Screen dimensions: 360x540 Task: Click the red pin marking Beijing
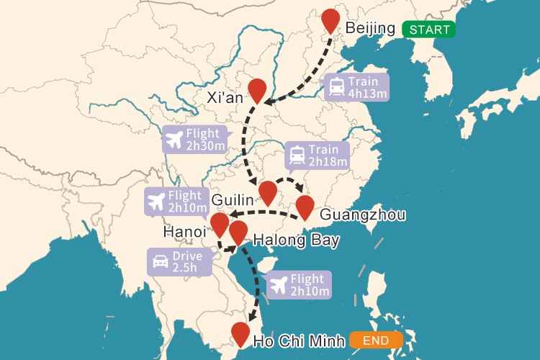tap(330, 20)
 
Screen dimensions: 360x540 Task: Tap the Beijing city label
tap(370, 29)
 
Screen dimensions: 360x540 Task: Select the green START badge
tap(428, 30)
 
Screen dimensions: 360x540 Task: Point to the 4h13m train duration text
tap(363, 94)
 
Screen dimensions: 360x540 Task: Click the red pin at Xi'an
tap(257, 89)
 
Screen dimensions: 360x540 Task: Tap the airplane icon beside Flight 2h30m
tap(174, 139)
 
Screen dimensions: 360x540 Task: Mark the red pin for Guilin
tap(268, 192)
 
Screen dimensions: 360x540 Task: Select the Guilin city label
tap(233, 198)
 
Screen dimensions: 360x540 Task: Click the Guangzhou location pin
tap(305, 206)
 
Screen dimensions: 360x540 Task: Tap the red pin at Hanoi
tap(220, 224)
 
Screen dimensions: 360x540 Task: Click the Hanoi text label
tap(185, 231)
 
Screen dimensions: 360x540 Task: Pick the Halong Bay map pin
tap(238, 232)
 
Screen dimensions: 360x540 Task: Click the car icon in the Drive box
tap(161, 262)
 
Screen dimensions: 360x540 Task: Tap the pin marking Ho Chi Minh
tap(240, 333)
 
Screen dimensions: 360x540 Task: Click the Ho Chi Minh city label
tap(297, 341)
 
